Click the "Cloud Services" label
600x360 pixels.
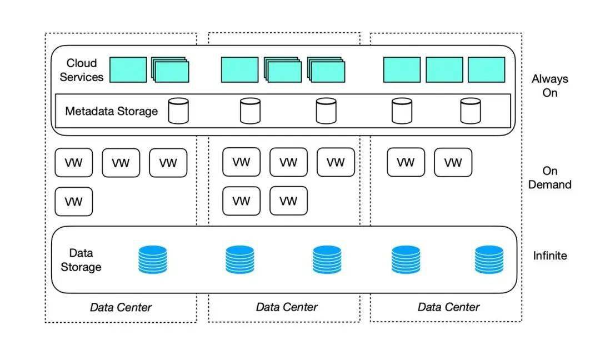82,70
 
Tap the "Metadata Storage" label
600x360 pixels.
111,111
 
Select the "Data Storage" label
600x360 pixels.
81,260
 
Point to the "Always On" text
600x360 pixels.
550,86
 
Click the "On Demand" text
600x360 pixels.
550,178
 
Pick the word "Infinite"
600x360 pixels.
550,256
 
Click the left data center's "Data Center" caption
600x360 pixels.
121,307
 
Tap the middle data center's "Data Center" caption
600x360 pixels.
287,307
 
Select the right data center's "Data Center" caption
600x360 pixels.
448,307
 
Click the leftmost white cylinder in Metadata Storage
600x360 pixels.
178,111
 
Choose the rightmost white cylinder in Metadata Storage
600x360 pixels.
471,111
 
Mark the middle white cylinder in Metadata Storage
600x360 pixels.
327,111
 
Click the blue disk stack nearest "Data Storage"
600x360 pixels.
153,260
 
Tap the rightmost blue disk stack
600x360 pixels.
489,260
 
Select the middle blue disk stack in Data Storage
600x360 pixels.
327,260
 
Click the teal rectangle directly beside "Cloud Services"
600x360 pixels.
128,69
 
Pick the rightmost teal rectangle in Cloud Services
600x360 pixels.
486,69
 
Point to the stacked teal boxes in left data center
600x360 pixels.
171,70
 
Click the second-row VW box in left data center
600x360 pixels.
74,202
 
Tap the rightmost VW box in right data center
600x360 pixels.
453,163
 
